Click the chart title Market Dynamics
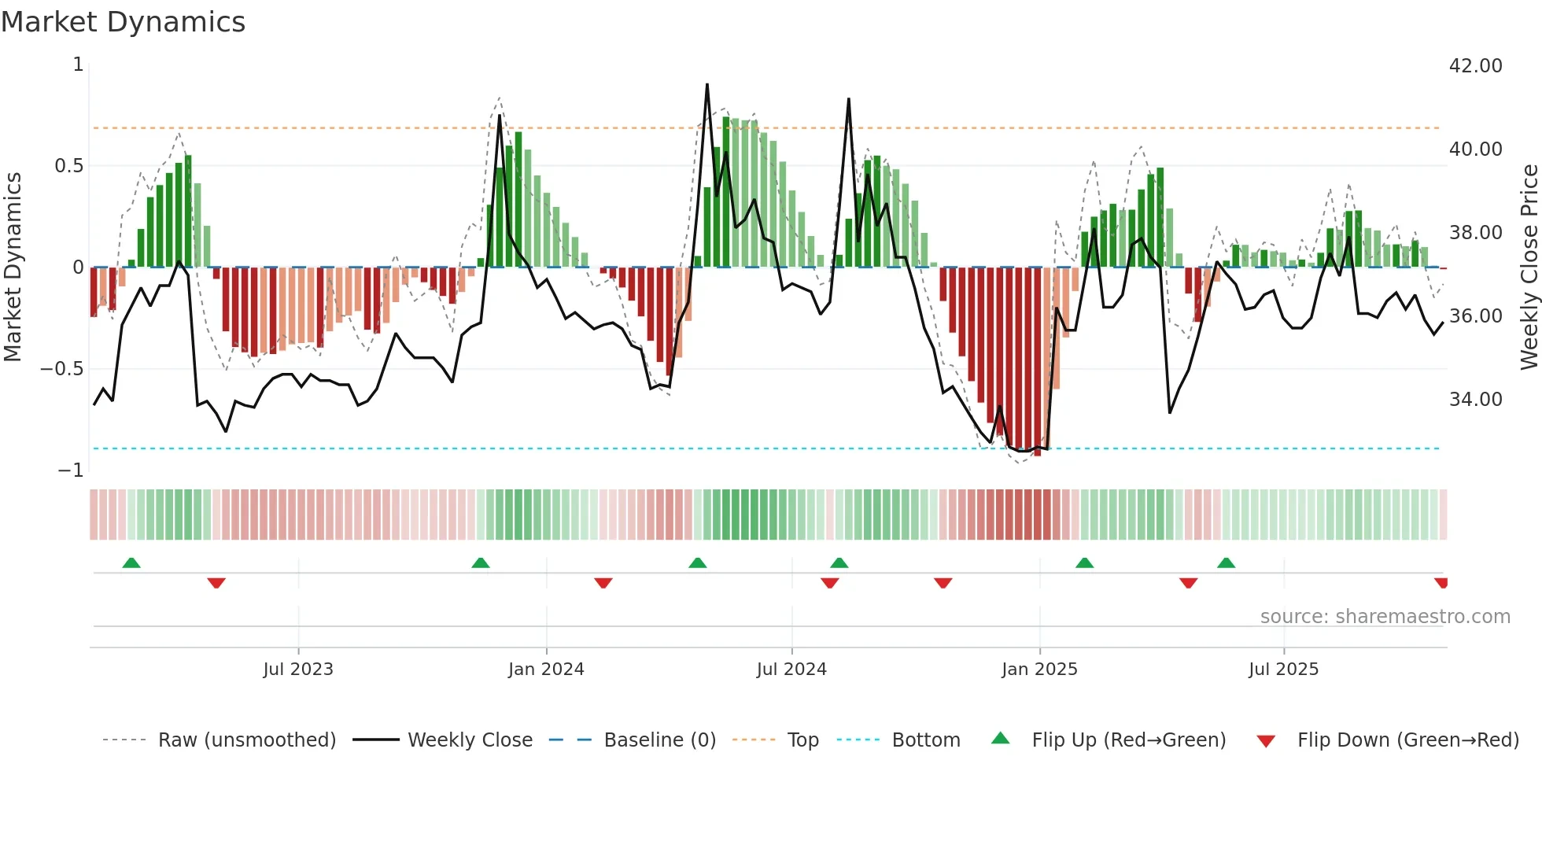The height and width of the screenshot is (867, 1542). pyautogui.click(x=123, y=22)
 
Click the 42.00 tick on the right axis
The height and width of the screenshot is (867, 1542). pyautogui.click(x=1475, y=66)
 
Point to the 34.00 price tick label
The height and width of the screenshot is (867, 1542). pyautogui.click(x=1475, y=400)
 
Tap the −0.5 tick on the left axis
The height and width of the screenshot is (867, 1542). pyautogui.click(x=61, y=369)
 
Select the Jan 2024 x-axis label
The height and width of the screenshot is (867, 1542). pyautogui.click(x=546, y=670)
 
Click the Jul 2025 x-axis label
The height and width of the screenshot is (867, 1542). pyautogui.click(x=1283, y=670)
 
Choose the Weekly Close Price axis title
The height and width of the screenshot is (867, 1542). pyautogui.click(x=1529, y=267)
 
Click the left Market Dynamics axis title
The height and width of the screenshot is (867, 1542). pyautogui.click(x=13, y=267)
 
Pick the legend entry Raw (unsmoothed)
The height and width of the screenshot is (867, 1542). pyautogui.click(x=246, y=740)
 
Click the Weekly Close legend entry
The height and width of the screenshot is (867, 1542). pyautogui.click(x=470, y=740)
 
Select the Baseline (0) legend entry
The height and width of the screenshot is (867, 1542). pyautogui.click(x=659, y=740)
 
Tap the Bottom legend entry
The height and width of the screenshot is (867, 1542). pyautogui.click(x=925, y=740)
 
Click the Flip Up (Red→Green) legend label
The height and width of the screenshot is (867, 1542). pyautogui.click(x=1128, y=740)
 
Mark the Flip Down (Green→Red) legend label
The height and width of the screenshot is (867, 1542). pyautogui.click(x=1407, y=740)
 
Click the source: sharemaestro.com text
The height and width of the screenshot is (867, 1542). pyautogui.click(x=1385, y=617)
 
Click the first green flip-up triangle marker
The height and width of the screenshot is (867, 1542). pyautogui.click(x=131, y=563)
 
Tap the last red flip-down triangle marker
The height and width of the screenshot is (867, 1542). pyautogui.click(x=1441, y=583)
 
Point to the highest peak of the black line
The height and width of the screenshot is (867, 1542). pyautogui.click(x=706, y=85)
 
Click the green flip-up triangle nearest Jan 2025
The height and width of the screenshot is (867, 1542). pyautogui.click(x=1084, y=563)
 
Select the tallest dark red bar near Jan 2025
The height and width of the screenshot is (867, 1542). pyautogui.click(x=1037, y=362)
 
